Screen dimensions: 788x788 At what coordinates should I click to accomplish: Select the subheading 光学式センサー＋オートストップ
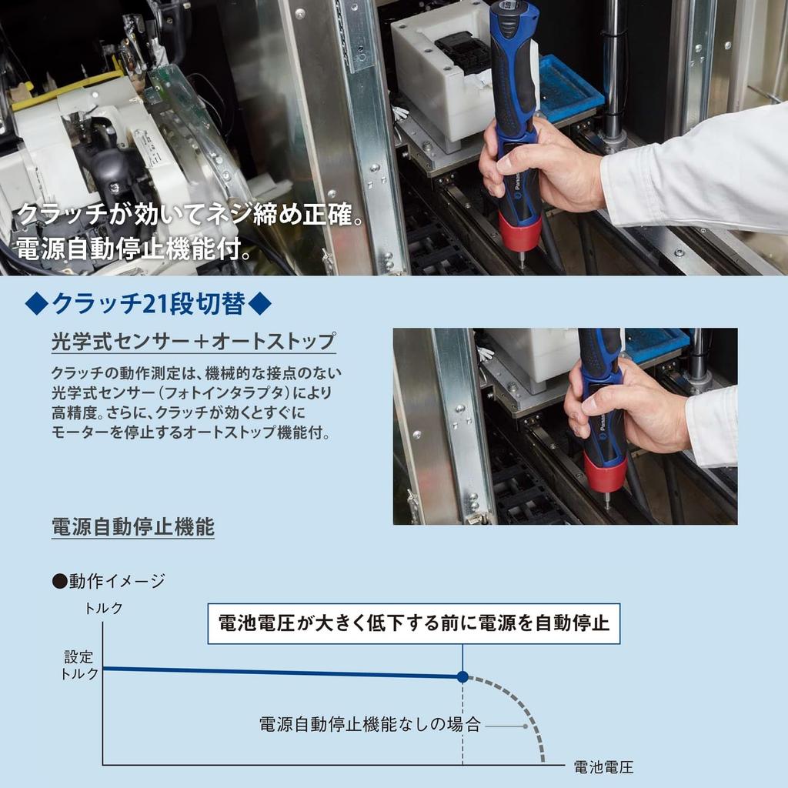[x=193, y=341]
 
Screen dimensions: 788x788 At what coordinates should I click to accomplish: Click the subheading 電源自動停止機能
[x=132, y=527]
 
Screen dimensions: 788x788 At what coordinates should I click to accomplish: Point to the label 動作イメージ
[x=115, y=581]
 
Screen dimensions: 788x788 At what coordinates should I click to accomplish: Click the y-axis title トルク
[x=103, y=608]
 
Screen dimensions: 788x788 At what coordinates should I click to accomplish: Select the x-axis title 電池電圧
[x=603, y=766]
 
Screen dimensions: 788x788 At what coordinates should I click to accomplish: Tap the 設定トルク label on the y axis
[x=79, y=666]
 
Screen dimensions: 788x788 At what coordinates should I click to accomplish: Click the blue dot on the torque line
[x=462, y=676]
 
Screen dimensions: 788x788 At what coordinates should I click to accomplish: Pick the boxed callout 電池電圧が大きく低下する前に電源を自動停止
[x=414, y=623]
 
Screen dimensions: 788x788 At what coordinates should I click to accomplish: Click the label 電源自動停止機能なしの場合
[x=369, y=725]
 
